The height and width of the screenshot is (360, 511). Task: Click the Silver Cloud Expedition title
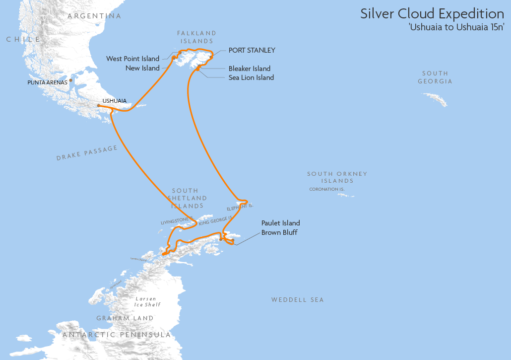coord(432,14)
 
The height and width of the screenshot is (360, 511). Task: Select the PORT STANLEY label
coord(252,51)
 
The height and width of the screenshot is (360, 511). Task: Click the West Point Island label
coord(133,59)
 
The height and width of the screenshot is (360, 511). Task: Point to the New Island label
coord(142,68)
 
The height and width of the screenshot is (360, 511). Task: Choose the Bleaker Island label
coord(250,69)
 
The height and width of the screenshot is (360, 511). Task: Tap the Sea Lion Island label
coord(251,77)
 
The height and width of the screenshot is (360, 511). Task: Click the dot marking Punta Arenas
coord(71,80)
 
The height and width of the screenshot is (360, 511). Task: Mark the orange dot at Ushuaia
coord(99,105)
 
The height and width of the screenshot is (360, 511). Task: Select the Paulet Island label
coord(281,223)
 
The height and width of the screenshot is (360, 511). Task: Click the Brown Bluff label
coord(279,232)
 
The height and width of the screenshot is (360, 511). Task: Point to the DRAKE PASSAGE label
coord(87,153)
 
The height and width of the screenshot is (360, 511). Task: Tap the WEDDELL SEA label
coord(297,300)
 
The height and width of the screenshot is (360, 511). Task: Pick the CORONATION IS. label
coord(326,189)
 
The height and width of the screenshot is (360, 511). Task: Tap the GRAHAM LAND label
coord(125,318)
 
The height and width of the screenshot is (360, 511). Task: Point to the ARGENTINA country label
coord(94,16)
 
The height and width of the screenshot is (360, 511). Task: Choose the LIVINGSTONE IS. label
coord(176,220)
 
